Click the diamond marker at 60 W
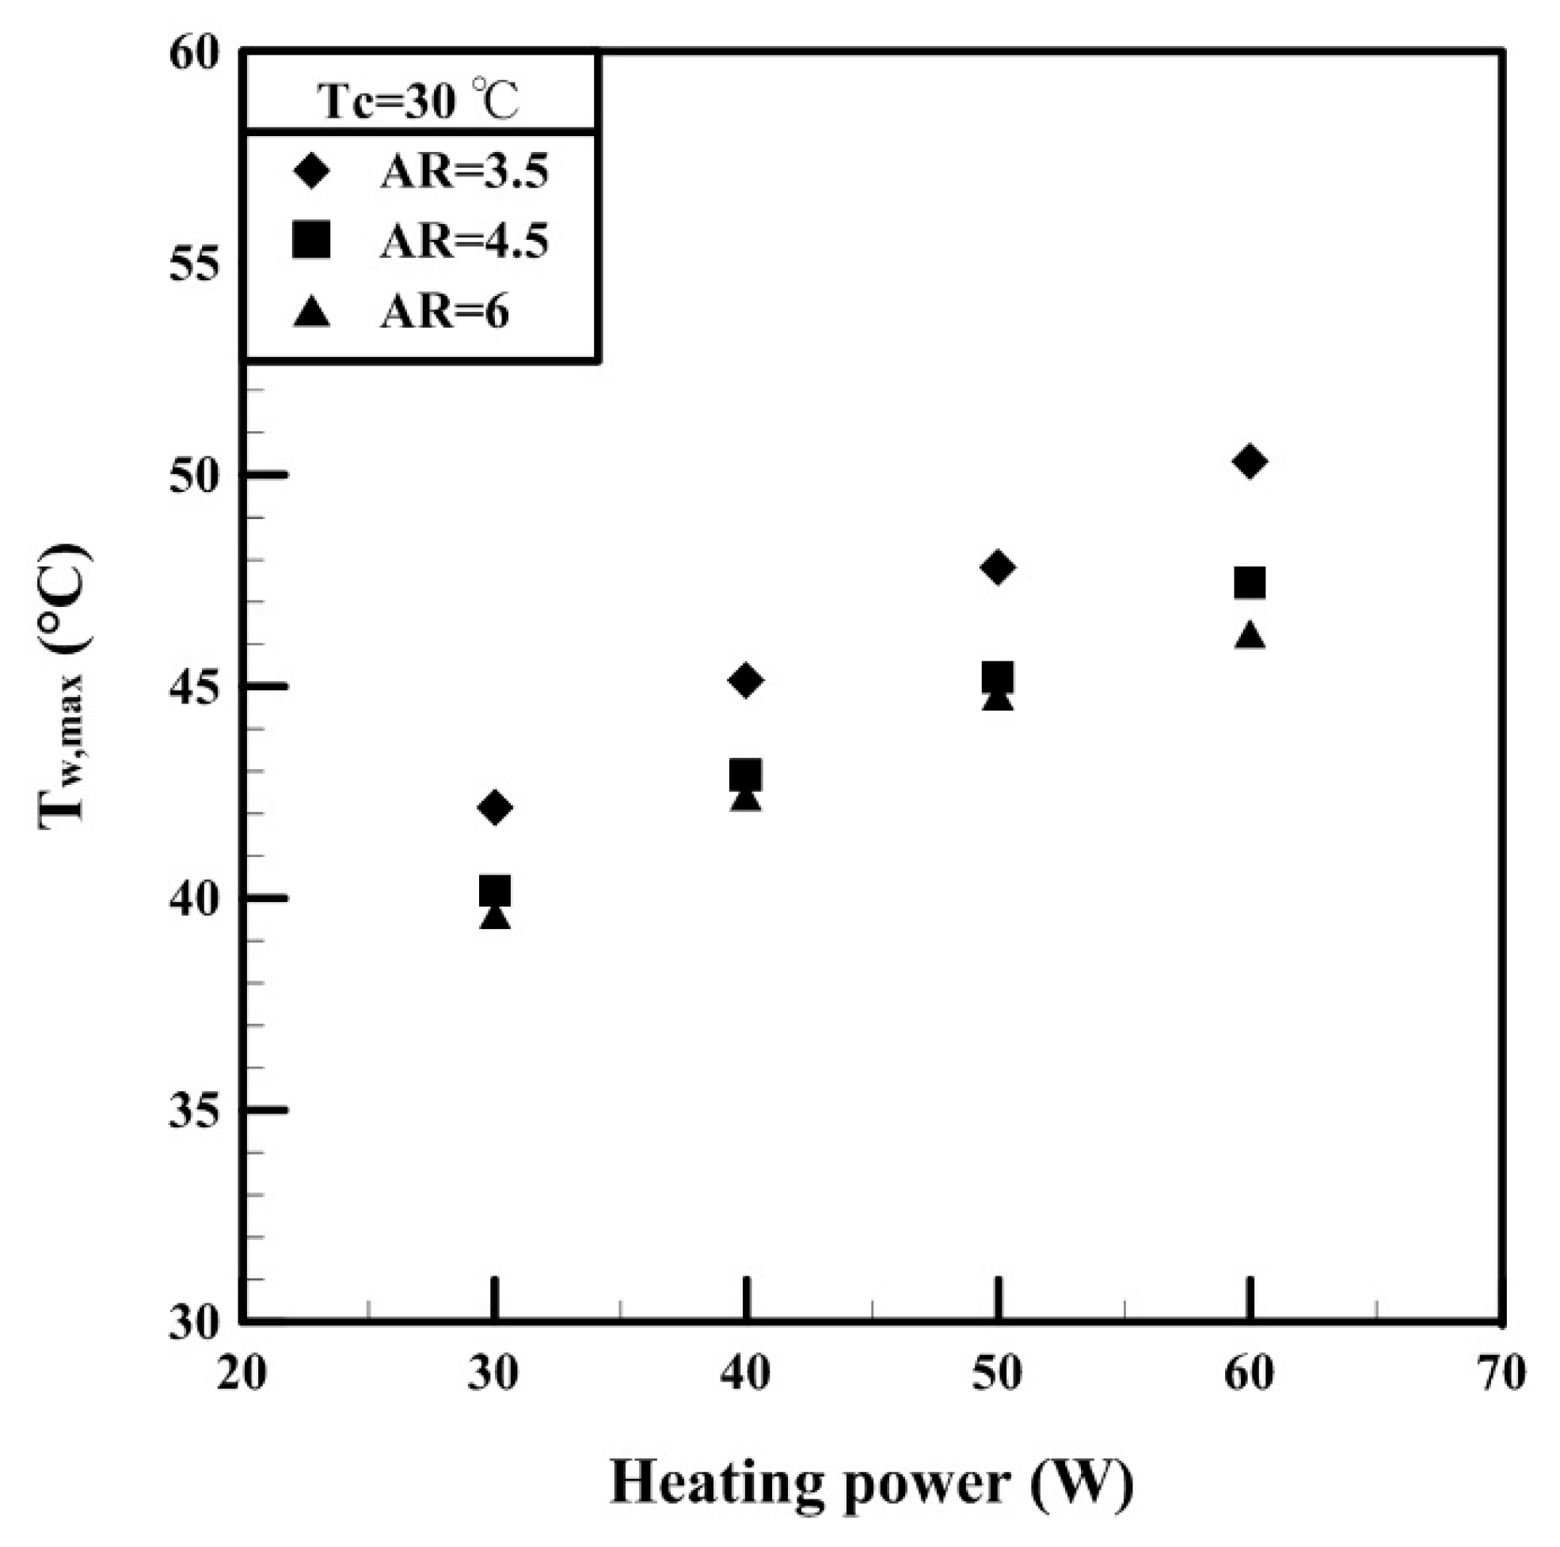click(1249, 461)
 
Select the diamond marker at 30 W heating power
click(495, 807)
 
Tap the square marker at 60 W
click(1249, 582)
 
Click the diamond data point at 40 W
click(745, 681)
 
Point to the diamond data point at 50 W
click(998, 567)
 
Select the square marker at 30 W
click(495, 892)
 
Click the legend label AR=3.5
click(464, 172)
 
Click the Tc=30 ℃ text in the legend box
click(417, 101)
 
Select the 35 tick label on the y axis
click(194, 1111)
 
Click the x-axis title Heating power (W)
click(872, 1482)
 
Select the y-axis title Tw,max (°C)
click(65, 686)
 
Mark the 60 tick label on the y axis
click(194, 54)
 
